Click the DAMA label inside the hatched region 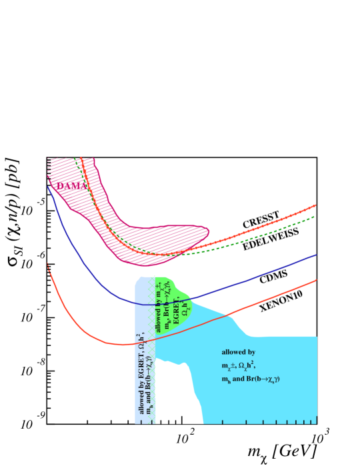72,186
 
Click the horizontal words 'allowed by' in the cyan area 238,352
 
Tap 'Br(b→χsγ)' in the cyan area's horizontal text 264,379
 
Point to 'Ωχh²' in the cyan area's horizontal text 246,365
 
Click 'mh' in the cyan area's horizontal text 225,379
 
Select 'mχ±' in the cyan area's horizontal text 227,365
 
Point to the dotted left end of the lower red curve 48,266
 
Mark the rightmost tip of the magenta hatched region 209,233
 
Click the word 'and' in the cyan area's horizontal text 239,379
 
